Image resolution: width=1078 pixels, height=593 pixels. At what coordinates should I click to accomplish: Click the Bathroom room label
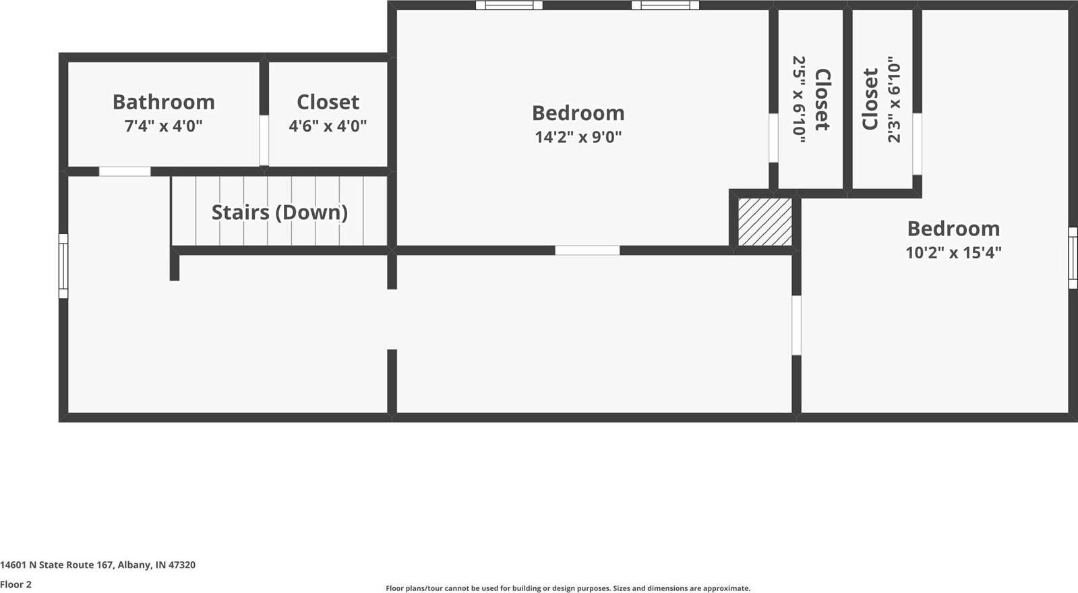(163, 102)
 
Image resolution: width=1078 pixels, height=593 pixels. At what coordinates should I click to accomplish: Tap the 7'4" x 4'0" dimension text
(163, 126)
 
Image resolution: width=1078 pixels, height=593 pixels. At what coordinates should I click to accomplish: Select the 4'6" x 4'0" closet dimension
(328, 126)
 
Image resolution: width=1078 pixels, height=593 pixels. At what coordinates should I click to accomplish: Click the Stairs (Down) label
(280, 213)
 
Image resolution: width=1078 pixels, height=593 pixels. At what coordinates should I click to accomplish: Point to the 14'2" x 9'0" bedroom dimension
(578, 137)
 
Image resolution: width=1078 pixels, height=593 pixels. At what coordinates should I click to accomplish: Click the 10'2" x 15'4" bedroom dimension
(953, 253)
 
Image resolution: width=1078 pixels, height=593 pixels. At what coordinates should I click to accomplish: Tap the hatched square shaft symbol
(765, 222)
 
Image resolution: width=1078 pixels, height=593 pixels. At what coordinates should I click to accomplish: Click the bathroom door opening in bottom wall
(125, 171)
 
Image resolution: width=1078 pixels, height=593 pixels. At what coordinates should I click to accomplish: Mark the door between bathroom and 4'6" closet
(264, 140)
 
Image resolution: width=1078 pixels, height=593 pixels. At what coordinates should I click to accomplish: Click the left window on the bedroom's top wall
(509, 5)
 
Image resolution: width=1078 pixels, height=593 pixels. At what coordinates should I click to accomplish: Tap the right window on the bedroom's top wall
(665, 5)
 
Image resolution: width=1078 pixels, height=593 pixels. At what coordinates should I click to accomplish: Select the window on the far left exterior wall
(63, 266)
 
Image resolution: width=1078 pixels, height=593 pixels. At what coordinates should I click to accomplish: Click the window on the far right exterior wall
(1073, 258)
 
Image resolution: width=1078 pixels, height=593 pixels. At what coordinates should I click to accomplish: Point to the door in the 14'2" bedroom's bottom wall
(587, 250)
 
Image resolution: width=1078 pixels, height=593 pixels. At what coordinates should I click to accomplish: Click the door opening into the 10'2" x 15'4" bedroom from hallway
(796, 325)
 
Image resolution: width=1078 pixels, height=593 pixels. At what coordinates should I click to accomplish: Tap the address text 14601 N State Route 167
(98, 565)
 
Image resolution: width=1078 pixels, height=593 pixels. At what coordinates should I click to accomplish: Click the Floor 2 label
(16, 584)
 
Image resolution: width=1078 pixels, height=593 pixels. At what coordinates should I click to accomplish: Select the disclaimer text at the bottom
(568, 588)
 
